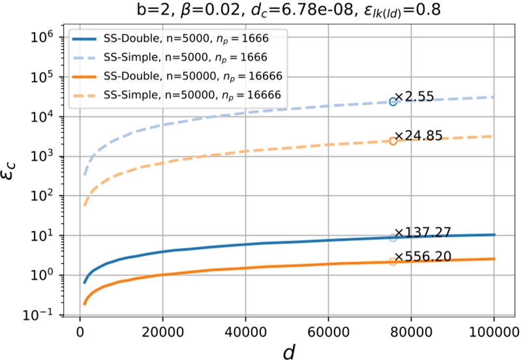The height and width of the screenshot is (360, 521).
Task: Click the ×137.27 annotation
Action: (424, 232)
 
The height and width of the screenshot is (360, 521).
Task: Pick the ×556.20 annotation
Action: (424, 256)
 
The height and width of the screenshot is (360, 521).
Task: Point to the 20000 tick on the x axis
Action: (162, 331)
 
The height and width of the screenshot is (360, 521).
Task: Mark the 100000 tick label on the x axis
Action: (494, 331)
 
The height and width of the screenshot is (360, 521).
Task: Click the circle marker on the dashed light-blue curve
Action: (393, 102)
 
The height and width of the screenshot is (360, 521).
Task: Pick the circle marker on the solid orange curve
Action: (393, 262)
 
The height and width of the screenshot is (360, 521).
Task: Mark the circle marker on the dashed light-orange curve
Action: (393, 141)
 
